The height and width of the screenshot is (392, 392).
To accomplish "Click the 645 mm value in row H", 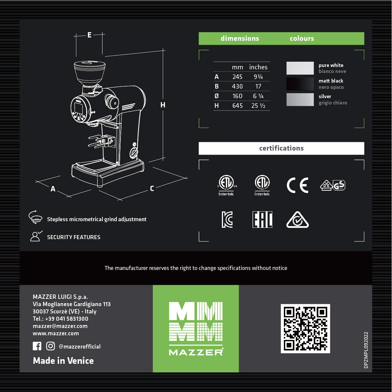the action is (237, 106).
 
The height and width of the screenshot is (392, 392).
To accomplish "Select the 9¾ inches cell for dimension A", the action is (258, 77).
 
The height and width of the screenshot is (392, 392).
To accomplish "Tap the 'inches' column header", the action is (258, 67).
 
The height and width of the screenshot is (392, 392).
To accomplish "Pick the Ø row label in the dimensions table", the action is (217, 96).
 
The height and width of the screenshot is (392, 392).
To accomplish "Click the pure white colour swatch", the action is (300, 68).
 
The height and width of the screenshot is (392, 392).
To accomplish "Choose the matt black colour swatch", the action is (300, 84).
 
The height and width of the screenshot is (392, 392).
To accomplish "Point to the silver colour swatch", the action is (300, 99).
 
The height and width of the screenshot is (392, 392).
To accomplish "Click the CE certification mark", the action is (297, 185).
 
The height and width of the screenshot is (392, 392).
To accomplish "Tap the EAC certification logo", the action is (262, 220).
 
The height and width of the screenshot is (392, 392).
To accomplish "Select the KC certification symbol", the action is (227, 220).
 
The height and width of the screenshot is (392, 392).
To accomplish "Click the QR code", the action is (305, 329).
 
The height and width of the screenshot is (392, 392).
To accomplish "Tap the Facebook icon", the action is (37, 346).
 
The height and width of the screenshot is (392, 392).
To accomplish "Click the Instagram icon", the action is (50, 346).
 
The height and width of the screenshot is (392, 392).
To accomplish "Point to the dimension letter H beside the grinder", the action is (163, 105).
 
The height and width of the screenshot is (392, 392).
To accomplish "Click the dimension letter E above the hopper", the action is (89, 35).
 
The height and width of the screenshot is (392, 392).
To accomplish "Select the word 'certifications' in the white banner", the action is (282, 148).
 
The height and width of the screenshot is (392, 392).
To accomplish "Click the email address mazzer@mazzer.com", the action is (60, 326).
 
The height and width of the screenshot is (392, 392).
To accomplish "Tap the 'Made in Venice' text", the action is (63, 361).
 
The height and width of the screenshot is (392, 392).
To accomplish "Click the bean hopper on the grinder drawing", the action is (90, 73).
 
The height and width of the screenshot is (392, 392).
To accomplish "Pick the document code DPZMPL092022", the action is (366, 350).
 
